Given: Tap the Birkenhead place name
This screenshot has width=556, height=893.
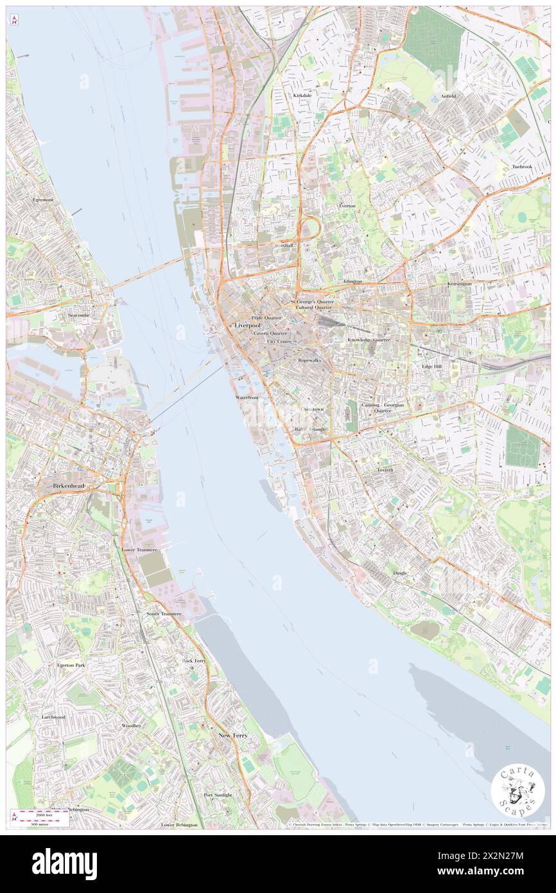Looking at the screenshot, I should coord(70,486).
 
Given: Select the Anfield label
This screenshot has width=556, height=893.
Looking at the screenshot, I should coord(447,96).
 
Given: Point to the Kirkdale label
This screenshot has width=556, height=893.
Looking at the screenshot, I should coord(302,95).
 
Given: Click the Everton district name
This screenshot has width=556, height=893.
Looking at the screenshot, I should coord(347,206).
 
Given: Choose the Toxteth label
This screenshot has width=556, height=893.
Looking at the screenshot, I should coord(385,470).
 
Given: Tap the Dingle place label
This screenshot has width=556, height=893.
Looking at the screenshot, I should coord(400,572).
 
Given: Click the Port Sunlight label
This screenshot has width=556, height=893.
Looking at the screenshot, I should coord(218,795).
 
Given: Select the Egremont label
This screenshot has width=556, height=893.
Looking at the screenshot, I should coord(44,200).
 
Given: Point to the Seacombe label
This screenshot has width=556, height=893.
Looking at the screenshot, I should coord(80,316).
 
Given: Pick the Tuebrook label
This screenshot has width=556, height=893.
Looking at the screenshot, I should coord(522,166).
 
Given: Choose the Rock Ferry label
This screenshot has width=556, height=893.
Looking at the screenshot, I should coord(194,660).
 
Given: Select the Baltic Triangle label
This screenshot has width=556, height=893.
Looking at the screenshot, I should coord(311,429).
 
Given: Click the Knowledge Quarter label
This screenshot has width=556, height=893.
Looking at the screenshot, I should coord(369,339).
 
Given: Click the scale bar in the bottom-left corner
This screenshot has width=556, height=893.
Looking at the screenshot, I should coord(42,816).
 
